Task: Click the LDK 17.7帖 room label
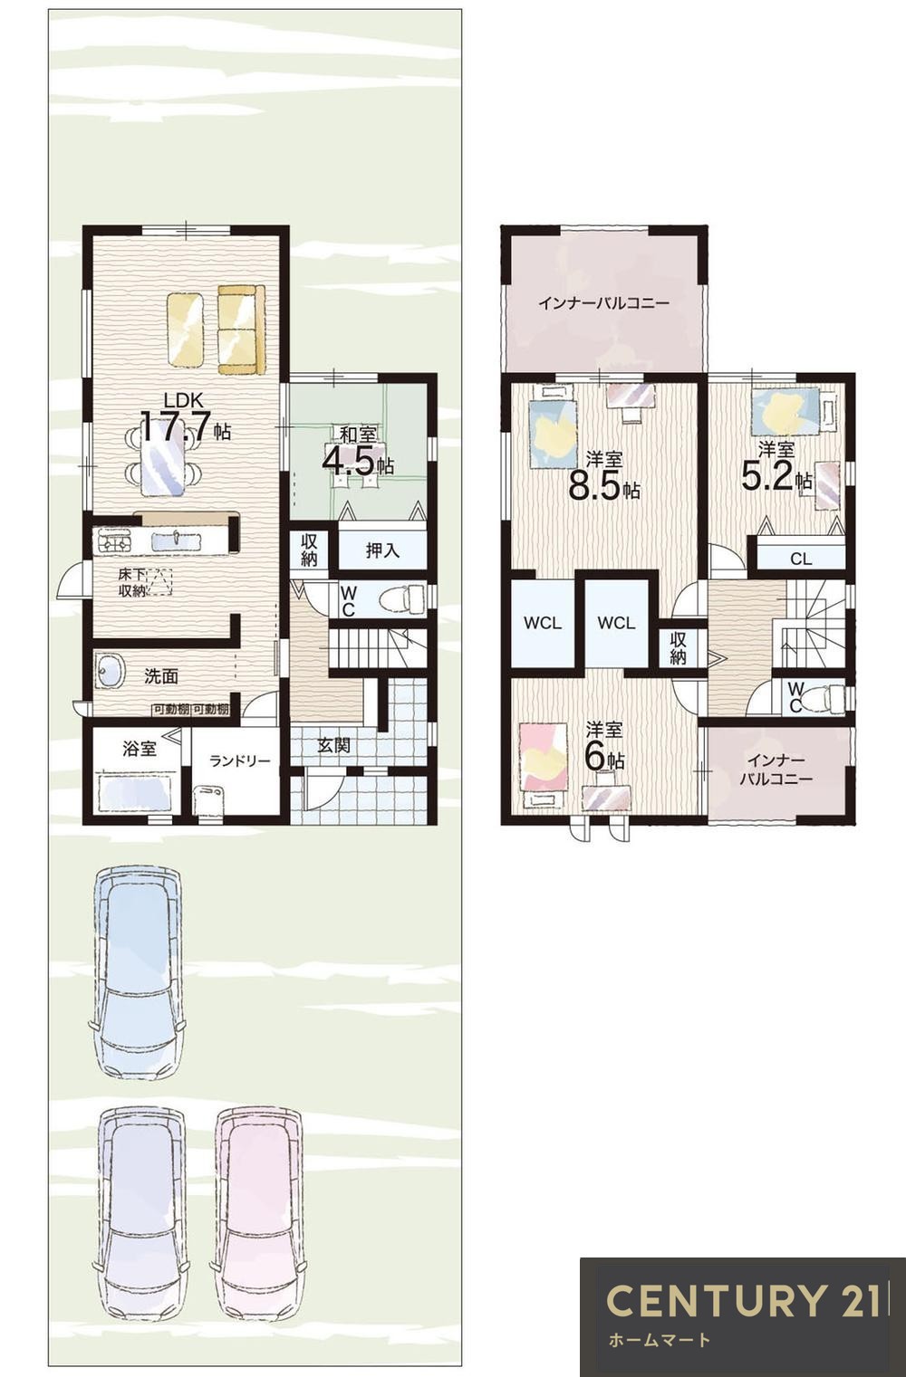[x=186, y=418]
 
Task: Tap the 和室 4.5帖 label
[x=358, y=452]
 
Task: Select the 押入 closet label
[x=382, y=550]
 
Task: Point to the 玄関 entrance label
[x=334, y=746]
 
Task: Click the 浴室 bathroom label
[x=140, y=749]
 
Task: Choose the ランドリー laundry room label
[x=240, y=761]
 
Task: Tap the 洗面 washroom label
[x=161, y=676]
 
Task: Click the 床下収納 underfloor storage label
[x=131, y=583]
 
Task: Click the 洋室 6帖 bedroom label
[x=604, y=747]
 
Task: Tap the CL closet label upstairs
[x=801, y=559]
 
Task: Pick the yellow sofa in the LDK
[x=242, y=329]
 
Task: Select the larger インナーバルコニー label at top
[x=603, y=303]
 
